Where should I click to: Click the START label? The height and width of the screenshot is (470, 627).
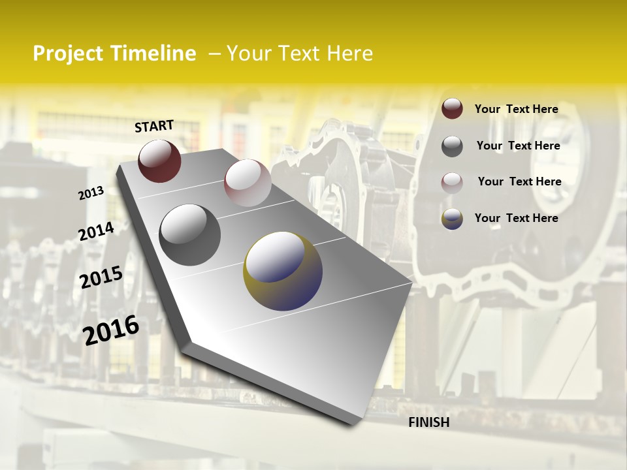(x=154, y=125)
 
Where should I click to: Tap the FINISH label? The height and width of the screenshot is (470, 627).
(x=428, y=422)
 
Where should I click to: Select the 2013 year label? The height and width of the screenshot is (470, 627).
(x=91, y=193)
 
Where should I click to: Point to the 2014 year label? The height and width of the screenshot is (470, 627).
(x=96, y=231)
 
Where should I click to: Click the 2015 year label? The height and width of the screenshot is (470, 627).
(x=101, y=277)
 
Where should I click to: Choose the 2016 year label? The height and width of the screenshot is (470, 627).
(x=111, y=330)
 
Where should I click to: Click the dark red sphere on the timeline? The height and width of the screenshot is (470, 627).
(x=159, y=161)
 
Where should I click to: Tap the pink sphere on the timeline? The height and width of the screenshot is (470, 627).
(x=247, y=183)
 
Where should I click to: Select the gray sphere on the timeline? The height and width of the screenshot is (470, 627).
(x=190, y=234)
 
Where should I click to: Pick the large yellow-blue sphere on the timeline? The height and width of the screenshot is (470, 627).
(x=283, y=270)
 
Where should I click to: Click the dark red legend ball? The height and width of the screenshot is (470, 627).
(x=452, y=108)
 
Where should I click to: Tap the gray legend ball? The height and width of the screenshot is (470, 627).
(x=452, y=146)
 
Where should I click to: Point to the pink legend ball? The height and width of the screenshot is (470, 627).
(x=452, y=182)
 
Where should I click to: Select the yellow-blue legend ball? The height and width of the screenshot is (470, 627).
(x=452, y=219)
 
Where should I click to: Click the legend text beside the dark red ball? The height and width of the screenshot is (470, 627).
(x=516, y=109)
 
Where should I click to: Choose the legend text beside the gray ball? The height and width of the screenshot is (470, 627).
(x=518, y=146)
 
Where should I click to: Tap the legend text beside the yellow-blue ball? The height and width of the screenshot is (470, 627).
(x=516, y=218)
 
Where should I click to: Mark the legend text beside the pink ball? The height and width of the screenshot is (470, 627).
(x=519, y=181)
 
